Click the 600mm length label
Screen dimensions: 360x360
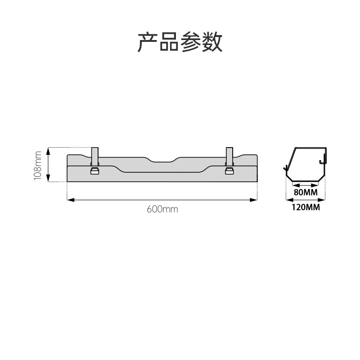[162, 209]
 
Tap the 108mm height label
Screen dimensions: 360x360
[38, 165]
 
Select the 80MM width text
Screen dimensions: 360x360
[306, 193]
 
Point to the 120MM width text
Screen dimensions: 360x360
[306, 207]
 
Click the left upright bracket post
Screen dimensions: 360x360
[95, 156]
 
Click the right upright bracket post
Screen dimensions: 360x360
[229, 156]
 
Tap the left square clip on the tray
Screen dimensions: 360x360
[95, 171]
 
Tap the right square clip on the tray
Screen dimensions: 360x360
[229, 171]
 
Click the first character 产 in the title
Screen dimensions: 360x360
[148, 42]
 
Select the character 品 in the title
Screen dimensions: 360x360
[169, 42]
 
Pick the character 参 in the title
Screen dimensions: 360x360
[191, 42]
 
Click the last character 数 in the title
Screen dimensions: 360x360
[212, 42]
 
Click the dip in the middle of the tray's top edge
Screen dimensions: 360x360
[162, 160]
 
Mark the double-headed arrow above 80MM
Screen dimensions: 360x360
[306, 185]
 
